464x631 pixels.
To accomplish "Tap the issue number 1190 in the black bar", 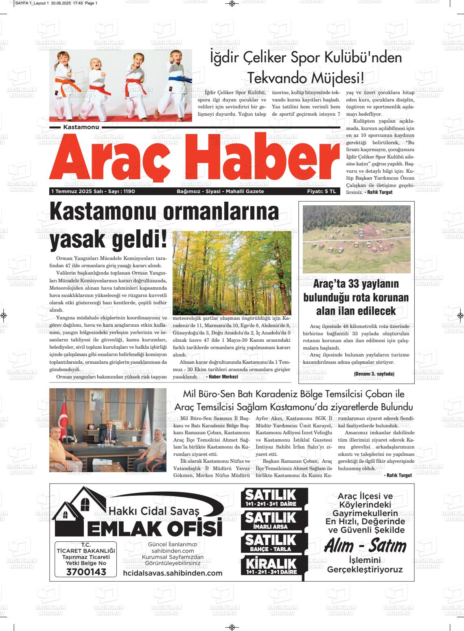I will [129, 191].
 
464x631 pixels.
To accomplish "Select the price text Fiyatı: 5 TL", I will [322, 191].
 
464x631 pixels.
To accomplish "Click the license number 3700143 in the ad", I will [85, 572].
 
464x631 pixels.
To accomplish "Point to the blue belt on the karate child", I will [179, 78].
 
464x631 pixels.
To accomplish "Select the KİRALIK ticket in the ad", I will [270, 566].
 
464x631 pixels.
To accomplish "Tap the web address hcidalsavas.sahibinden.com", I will [173, 573].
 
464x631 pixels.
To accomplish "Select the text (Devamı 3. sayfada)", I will [374, 374].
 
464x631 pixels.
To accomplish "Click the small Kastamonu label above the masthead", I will [81, 128].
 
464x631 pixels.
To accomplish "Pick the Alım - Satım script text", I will [365, 546].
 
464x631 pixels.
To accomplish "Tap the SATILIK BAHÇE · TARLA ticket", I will [270, 543].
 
